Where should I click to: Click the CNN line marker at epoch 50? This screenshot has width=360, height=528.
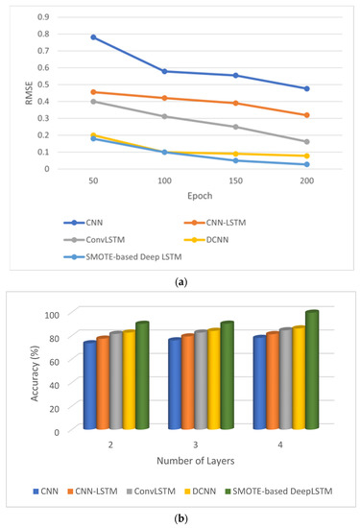click(x=92, y=37)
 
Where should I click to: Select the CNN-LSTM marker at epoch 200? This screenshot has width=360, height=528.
click(x=306, y=115)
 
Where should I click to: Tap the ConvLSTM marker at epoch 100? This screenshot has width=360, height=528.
click(x=164, y=116)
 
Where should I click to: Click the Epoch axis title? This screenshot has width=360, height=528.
click(x=199, y=196)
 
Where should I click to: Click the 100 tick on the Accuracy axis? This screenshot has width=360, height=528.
click(x=53, y=314)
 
